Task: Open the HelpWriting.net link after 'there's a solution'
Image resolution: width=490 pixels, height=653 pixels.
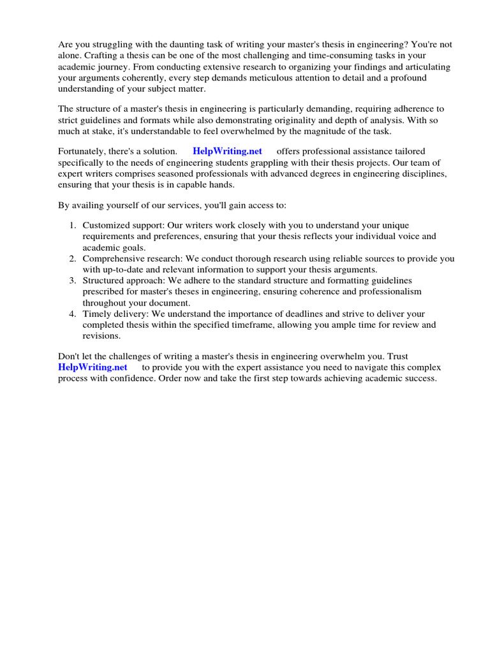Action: pyautogui.click(x=226, y=151)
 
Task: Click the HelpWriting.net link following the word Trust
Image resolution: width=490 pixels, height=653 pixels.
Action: pyautogui.click(x=93, y=367)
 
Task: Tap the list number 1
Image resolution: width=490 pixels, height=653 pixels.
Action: pyautogui.click(x=72, y=225)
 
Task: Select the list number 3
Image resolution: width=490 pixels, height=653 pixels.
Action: pyautogui.click(x=72, y=281)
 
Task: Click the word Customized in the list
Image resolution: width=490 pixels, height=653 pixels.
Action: pyautogui.click(x=105, y=225)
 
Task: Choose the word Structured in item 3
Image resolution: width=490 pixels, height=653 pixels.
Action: pyautogui.click(x=104, y=281)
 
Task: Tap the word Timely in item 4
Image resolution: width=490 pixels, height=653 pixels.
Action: pyautogui.click(x=97, y=314)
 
